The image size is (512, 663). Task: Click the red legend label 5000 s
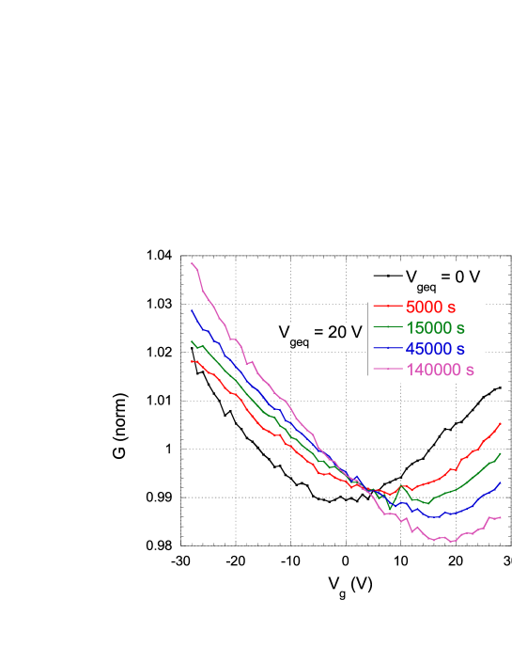pos(435,307)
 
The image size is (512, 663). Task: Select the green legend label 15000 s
pos(435,327)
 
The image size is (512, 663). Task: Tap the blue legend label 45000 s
pos(435,348)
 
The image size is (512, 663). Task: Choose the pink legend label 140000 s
pos(440,370)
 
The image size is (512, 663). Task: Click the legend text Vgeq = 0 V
pos(442,278)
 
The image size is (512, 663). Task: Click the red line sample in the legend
pos(386,307)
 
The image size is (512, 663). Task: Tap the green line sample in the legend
pos(386,327)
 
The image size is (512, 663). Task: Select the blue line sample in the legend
pos(386,349)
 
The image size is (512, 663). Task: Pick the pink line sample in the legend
pos(386,370)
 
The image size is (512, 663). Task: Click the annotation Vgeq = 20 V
pos(319,334)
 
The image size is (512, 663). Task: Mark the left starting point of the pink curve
pos(192,263)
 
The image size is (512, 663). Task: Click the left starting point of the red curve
pos(192,360)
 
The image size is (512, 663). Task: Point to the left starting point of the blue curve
pos(192,310)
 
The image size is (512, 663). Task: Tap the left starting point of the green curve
pos(192,340)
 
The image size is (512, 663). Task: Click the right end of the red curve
pos(501,423)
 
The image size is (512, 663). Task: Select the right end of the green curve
pos(501,452)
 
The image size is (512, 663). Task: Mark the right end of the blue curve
pos(501,482)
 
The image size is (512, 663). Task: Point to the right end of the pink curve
pos(501,517)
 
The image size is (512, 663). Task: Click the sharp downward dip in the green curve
pos(390,509)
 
